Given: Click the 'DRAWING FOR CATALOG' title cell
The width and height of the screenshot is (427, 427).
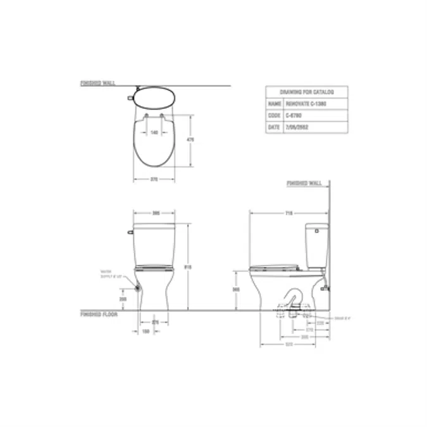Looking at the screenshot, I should click(305, 92).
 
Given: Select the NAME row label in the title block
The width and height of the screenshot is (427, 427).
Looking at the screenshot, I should click(274, 103).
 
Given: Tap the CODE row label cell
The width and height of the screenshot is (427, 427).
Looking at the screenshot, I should click(274, 116).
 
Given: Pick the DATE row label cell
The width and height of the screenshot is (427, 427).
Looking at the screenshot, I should click(274, 128).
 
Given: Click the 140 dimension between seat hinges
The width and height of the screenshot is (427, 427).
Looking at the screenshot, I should click(154, 133).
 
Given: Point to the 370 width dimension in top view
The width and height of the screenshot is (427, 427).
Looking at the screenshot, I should click(154, 180).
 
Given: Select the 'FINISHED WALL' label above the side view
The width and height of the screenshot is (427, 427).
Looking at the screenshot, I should click(304, 183).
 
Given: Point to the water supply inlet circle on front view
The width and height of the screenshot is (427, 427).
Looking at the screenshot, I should click(137, 287).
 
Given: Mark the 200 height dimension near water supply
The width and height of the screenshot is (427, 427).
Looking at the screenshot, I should click(123, 298).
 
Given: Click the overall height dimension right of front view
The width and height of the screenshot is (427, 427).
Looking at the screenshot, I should click(187, 267).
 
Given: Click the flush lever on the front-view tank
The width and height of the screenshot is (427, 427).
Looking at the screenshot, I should click(130, 232).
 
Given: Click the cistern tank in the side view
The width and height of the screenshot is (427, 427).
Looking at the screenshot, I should click(316, 245).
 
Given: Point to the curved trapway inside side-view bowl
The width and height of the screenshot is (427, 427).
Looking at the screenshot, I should click(292, 301).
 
